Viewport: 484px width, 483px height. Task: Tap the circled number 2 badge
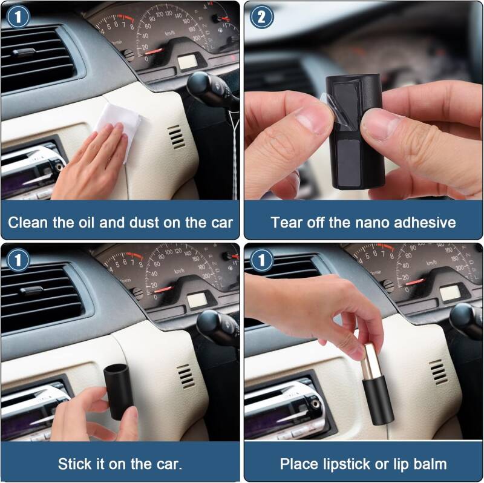click(262, 17)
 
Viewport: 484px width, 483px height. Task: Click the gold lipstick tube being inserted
click(371, 362)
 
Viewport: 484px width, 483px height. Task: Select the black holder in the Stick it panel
click(119, 391)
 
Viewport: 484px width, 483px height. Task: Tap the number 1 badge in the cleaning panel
click(18, 17)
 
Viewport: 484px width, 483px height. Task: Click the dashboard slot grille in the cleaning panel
click(176, 137)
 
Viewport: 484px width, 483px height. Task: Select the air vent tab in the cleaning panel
click(24, 53)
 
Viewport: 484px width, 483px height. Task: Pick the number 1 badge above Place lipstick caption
click(262, 260)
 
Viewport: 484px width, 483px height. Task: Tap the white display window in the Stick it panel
click(197, 300)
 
